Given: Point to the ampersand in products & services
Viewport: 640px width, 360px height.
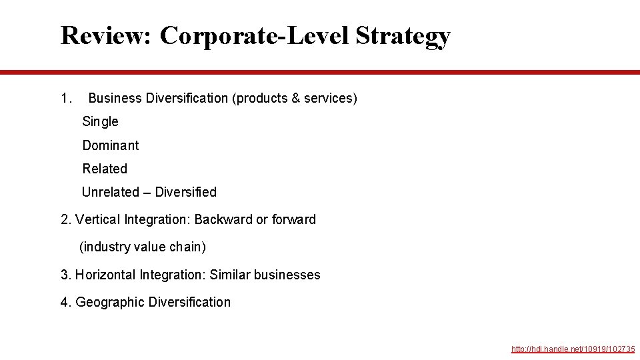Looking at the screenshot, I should [295, 99].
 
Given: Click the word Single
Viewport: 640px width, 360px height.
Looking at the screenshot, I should [100, 121].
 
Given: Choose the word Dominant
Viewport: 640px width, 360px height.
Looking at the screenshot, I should [111, 145].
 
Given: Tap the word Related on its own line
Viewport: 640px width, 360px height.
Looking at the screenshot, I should [105, 169].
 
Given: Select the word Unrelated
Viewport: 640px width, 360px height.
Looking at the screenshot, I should [110, 192].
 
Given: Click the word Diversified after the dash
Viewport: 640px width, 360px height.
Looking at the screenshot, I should [185, 192].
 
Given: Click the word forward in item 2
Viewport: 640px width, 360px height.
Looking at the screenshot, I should [294, 219].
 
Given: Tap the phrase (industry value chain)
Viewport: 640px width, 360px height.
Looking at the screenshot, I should [143, 247].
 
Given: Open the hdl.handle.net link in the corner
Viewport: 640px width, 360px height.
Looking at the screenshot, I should [573, 349].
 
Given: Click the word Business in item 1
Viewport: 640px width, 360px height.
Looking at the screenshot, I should [115, 99].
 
